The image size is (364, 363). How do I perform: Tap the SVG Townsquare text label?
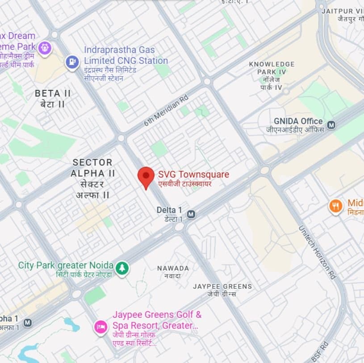click(x=193, y=174)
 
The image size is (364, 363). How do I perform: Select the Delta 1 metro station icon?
click(x=191, y=215)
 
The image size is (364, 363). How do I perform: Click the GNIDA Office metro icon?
click(x=331, y=125)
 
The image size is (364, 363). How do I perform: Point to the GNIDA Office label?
click(x=298, y=121)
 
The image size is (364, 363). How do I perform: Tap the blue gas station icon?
click(x=72, y=63)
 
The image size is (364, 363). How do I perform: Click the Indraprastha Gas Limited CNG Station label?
click(x=126, y=55)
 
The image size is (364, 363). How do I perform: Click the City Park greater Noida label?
click(x=65, y=265)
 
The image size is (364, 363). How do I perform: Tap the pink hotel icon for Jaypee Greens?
click(x=100, y=327)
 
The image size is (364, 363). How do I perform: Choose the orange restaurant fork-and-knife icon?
click(x=335, y=206)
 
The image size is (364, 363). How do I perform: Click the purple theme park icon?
click(x=44, y=48)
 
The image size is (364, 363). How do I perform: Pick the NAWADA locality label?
click(x=173, y=268)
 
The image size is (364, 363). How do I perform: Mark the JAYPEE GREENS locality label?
click(x=222, y=286)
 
